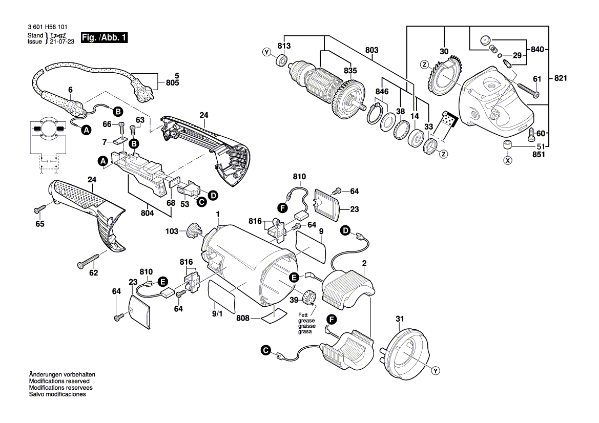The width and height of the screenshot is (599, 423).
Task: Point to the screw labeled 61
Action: pyautogui.click(x=527, y=91)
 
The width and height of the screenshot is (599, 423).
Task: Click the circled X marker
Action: pyautogui.click(x=508, y=160)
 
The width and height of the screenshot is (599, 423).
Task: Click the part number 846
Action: pyautogui.click(x=382, y=92)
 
